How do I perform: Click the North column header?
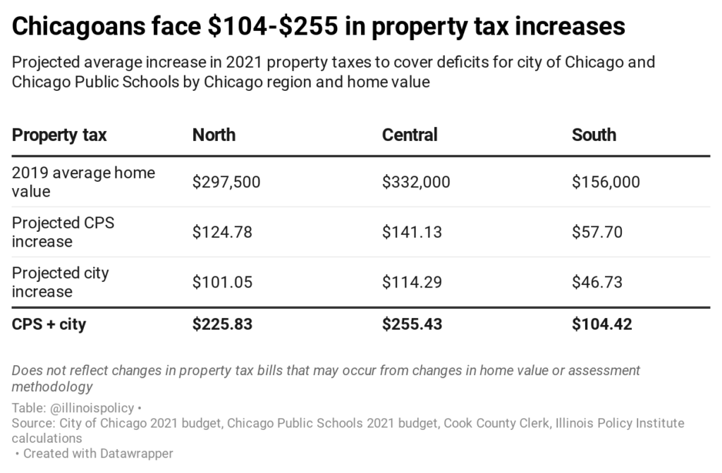point(214,135)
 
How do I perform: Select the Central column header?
point(410,135)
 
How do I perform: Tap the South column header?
point(594,135)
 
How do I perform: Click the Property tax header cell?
point(59,135)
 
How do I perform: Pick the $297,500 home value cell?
point(226,182)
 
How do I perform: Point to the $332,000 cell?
point(416,182)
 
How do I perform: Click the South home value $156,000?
point(606,182)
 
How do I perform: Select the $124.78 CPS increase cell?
point(222,232)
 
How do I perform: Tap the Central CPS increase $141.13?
point(412,232)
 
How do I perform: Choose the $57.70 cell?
point(597,232)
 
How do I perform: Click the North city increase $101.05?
point(222,282)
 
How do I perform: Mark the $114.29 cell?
point(412,282)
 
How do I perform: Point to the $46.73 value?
point(597,282)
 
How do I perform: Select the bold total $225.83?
point(222,325)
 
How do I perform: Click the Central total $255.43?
point(412,325)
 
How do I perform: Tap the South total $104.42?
point(601,325)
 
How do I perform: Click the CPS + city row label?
point(49,325)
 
